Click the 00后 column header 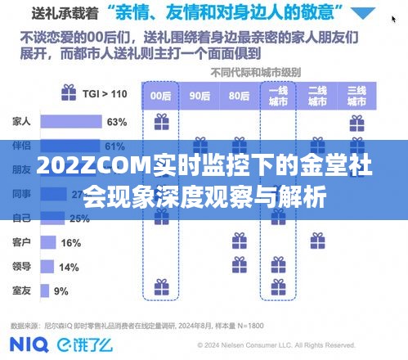tap(160, 95)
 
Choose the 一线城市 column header tap(278, 96)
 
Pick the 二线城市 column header tap(317, 96)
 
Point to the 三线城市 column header tap(356, 96)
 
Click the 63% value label tap(116, 123)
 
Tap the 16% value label tap(71, 243)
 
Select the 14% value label tap(69, 267)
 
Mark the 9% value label tap(61, 290)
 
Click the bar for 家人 tap(69, 123)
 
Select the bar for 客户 tap(47, 243)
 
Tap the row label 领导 tap(21, 267)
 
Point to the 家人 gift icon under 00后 tap(160, 123)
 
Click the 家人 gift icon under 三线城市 tap(356, 123)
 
